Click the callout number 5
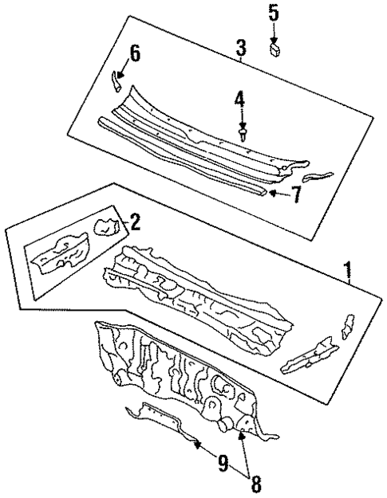[x=274, y=13]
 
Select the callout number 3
[x=240, y=49]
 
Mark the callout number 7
[x=296, y=194]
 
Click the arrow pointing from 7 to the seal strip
[x=274, y=192]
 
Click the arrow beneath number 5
[x=274, y=32]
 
